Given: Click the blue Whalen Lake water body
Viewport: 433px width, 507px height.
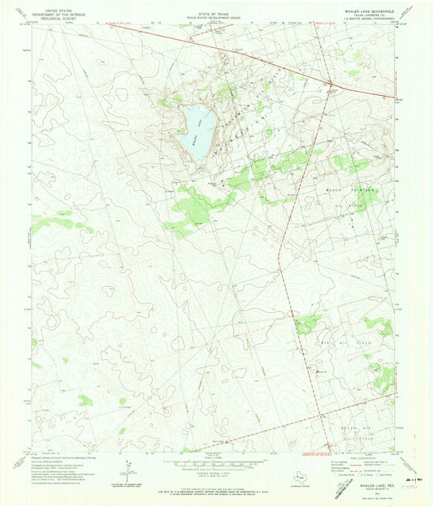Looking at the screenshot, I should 197,130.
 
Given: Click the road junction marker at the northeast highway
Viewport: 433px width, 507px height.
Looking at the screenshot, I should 331,83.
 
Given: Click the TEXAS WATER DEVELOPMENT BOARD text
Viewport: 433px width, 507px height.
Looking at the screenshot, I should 216,16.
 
